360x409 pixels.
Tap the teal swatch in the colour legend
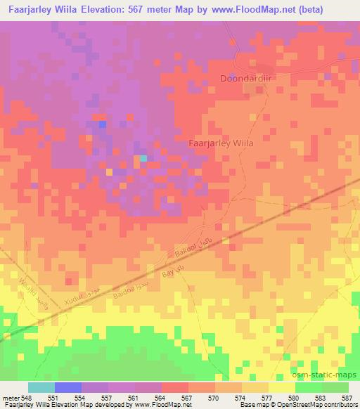tap(41, 387)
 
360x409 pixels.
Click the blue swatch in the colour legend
tap(68, 387)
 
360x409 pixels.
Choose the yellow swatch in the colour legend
tap(281, 387)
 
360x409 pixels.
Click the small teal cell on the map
tap(143, 159)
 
